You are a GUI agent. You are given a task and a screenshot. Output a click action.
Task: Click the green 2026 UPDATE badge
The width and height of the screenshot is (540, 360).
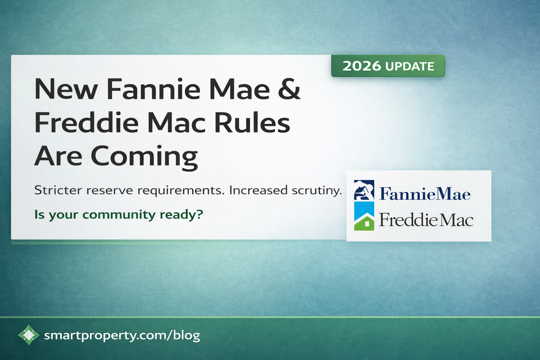[388, 66]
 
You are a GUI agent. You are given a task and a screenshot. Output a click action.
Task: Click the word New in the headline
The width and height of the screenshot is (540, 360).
[66, 89]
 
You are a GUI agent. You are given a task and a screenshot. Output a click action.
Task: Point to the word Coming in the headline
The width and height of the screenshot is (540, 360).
[144, 156]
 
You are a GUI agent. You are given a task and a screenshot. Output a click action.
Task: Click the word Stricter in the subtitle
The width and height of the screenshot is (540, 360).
[58, 190]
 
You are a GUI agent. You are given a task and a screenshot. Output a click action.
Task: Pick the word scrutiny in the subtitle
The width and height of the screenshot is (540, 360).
[316, 191]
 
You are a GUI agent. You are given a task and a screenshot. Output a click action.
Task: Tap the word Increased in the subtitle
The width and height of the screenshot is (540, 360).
[258, 190]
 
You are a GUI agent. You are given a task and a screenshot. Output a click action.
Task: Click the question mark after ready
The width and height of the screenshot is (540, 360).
[200, 214]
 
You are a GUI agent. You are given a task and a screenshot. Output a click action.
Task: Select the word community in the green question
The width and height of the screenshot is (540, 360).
[119, 214]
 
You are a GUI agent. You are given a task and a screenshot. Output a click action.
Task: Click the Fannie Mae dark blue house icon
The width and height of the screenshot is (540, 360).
[364, 190]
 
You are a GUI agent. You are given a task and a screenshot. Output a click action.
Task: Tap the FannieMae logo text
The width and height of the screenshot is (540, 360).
[425, 194]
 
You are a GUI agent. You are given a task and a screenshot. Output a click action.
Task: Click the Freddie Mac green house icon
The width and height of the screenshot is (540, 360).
[364, 221]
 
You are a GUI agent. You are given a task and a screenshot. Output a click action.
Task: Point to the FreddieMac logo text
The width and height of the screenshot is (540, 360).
[426, 220]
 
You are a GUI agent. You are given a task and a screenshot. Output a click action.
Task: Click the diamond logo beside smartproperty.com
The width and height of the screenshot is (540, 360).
[28, 335]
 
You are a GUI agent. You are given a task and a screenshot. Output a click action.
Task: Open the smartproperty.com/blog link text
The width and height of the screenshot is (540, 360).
[122, 335]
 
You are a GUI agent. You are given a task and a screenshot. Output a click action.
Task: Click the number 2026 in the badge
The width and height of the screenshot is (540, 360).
[361, 66]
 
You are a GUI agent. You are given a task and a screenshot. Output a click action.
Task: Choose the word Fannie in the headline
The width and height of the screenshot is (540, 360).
[153, 89]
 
